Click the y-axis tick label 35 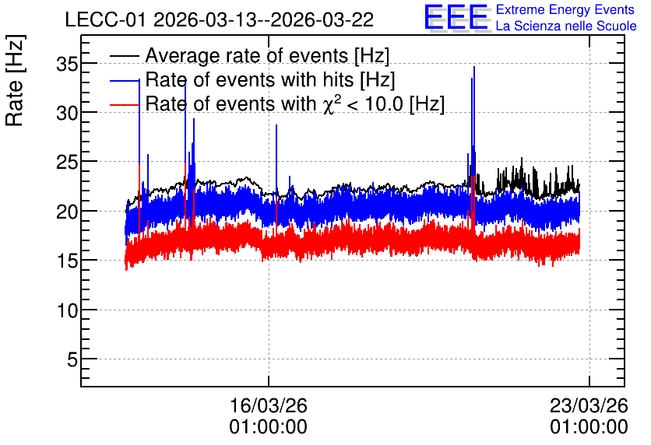(x=67, y=65)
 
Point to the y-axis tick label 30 (x=67, y=113)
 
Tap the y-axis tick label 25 (x=67, y=162)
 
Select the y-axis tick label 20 (x=67, y=212)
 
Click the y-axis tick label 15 (x=67, y=261)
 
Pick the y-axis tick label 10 (x=67, y=310)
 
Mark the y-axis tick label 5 (x=72, y=359)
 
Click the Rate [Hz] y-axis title (x=15, y=80)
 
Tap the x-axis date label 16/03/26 (x=268, y=405)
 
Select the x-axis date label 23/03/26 (x=589, y=405)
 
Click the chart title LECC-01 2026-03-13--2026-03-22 (x=220, y=20)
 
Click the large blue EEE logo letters (x=456, y=17)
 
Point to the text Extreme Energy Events (x=565, y=9)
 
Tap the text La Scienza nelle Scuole (x=566, y=26)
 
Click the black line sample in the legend (x=125, y=56)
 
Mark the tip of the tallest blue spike (x=474, y=66)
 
